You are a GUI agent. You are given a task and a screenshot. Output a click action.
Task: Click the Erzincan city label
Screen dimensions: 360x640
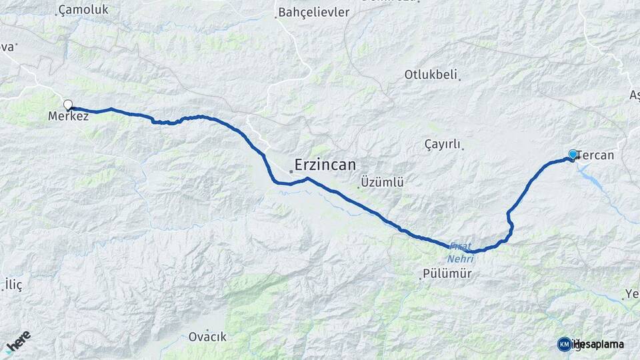325,165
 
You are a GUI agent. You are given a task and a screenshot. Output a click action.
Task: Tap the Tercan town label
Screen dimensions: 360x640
595,155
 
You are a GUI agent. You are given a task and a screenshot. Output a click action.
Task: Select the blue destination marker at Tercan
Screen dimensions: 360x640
573,155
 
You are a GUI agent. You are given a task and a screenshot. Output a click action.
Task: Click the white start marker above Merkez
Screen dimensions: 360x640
67,104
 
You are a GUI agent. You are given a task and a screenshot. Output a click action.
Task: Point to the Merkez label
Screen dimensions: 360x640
68,116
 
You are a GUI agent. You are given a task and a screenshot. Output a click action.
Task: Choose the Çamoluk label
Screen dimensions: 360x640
83,10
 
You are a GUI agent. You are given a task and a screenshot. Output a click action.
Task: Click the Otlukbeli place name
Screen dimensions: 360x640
430,75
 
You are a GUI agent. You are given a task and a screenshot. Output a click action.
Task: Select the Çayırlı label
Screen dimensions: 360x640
443,144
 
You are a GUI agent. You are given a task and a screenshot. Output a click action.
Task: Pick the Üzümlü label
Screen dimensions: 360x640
382,182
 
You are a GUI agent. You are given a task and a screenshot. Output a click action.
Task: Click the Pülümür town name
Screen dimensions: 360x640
447,274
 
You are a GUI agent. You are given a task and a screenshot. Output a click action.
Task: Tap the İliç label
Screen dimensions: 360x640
13,285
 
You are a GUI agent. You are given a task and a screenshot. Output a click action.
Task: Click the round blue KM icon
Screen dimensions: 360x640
564,344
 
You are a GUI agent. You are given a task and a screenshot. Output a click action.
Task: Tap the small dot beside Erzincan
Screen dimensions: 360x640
291,171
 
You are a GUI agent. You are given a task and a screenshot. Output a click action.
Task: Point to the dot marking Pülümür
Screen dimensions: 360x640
420,278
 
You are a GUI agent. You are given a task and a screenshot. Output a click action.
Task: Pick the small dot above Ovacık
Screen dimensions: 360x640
207,330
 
